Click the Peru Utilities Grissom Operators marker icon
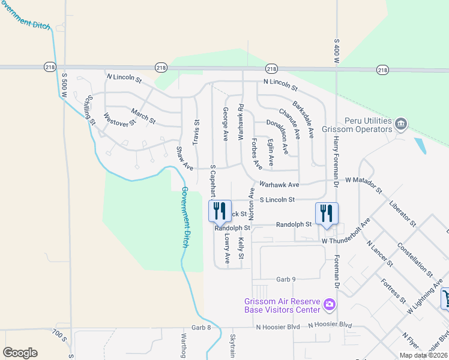[x=401, y=124]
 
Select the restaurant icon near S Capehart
[x=218, y=211]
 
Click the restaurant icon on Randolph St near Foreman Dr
[x=327, y=214]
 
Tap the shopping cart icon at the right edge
[x=446, y=298]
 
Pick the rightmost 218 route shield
[x=382, y=70]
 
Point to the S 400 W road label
[x=336, y=50]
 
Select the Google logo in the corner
[x=20, y=353]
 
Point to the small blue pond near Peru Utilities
[x=421, y=145]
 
